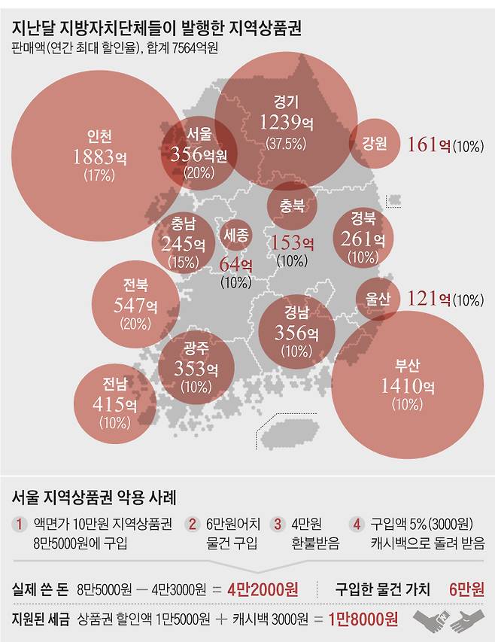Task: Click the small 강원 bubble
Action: click(373, 143)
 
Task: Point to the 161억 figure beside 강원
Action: click(428, 144)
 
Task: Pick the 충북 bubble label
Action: click(293, 205)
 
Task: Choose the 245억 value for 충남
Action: click(184, 244)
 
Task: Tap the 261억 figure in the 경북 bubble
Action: click(363, 239)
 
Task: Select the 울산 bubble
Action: click(378, 298)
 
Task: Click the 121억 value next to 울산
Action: click(428, 299)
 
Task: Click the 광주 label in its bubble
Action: click(196, 348)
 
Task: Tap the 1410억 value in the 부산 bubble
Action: click(408, 387)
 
